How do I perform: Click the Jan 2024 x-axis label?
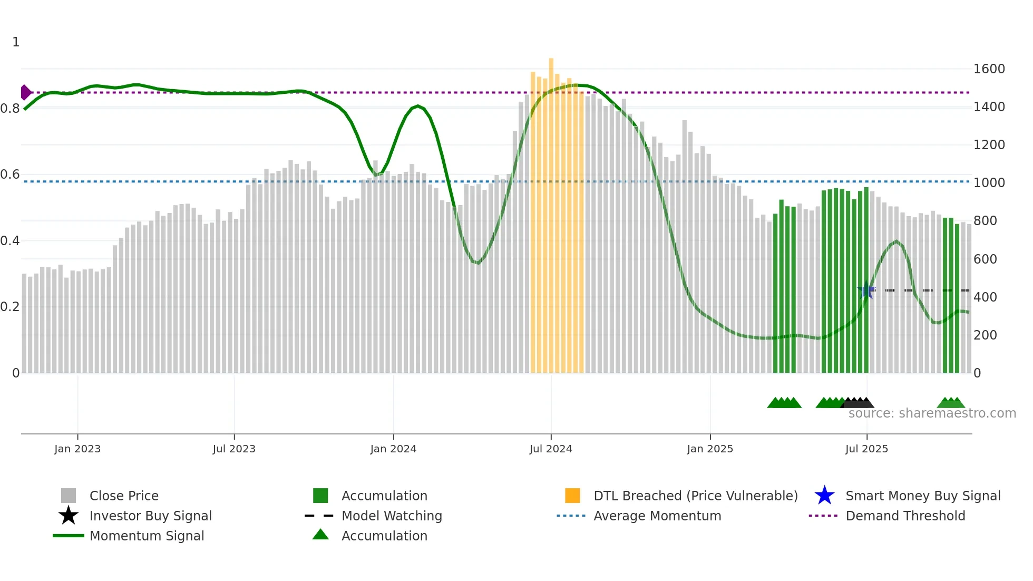coord(393,449)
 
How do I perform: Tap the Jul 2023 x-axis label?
coord(234,449)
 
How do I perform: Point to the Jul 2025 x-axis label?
coord(866,449)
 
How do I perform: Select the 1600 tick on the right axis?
coord(989,69)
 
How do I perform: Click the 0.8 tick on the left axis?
coord(10,109)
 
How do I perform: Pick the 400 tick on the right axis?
coord(985,297)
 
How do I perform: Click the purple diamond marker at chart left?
coord(25,92)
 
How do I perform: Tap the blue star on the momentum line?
coord(866,290)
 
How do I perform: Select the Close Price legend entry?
coord(123,496)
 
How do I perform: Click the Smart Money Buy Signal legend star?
coord(824,496)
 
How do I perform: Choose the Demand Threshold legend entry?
coord(905,516)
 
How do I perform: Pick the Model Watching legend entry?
coord(391,516)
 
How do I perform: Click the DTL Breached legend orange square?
coord(572,496)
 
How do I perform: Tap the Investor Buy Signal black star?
coord(69,516)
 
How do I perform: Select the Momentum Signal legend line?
coord(69,536)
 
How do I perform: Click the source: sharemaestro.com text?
coord(932,413)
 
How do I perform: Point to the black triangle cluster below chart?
coord(857,403)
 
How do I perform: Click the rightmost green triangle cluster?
coord(951,403)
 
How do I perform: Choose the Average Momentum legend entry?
coord(657,516)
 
